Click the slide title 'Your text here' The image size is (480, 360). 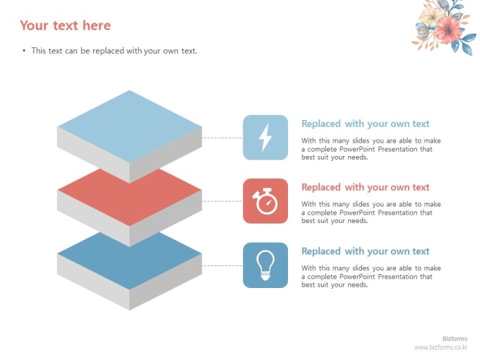pyautogui.click(x=65, y=25)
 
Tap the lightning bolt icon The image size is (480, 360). pyautogui.click(x=265, y=138)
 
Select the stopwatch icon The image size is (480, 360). pyautogui.click(x=265, y=200)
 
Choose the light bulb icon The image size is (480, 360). pyautogui.click(x=265, y=265)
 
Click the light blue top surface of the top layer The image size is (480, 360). pyautogui.click(x=129, y=126)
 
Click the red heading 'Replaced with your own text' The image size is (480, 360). pyautogui.click(x=365, y=187)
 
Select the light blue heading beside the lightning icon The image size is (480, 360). pyautogui.click(x=365, y=124)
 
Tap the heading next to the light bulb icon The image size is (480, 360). pyautogui.click(x=365, y=251)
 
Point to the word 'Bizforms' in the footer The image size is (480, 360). pyautogui.click(x=455, y=339)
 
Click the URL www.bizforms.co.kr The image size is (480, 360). pyautogui.click(x=440, y=347)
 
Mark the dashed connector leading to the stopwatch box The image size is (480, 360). pyautogui.click(x=222, y=201)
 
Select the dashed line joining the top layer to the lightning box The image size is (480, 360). pyautogui.click(x=222, y=138)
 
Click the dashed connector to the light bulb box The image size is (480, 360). pyautogui.click(x=222, y=265)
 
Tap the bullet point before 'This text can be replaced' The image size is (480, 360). pyautogui.click(x=24, y=51)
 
